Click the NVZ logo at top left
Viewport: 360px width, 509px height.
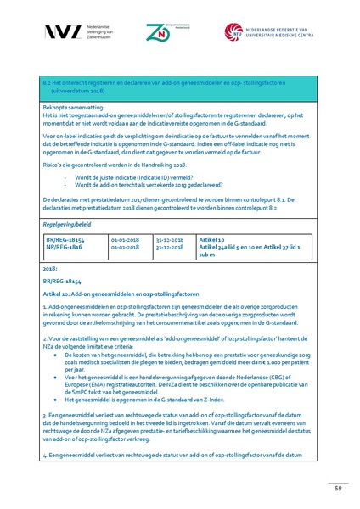point(63,31)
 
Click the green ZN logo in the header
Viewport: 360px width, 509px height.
point(156,32)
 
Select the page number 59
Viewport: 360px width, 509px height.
point(337,486)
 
